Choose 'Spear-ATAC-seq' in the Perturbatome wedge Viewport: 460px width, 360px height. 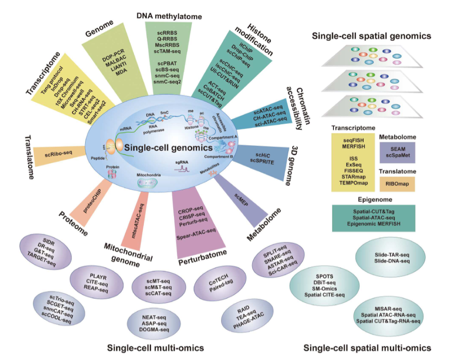(x=197, y=230)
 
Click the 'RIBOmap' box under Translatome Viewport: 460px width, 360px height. (x=397, y=185)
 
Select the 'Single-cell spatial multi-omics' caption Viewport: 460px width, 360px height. (x=367, y=348)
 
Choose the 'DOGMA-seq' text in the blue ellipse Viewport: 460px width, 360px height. (x=151, y=330)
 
